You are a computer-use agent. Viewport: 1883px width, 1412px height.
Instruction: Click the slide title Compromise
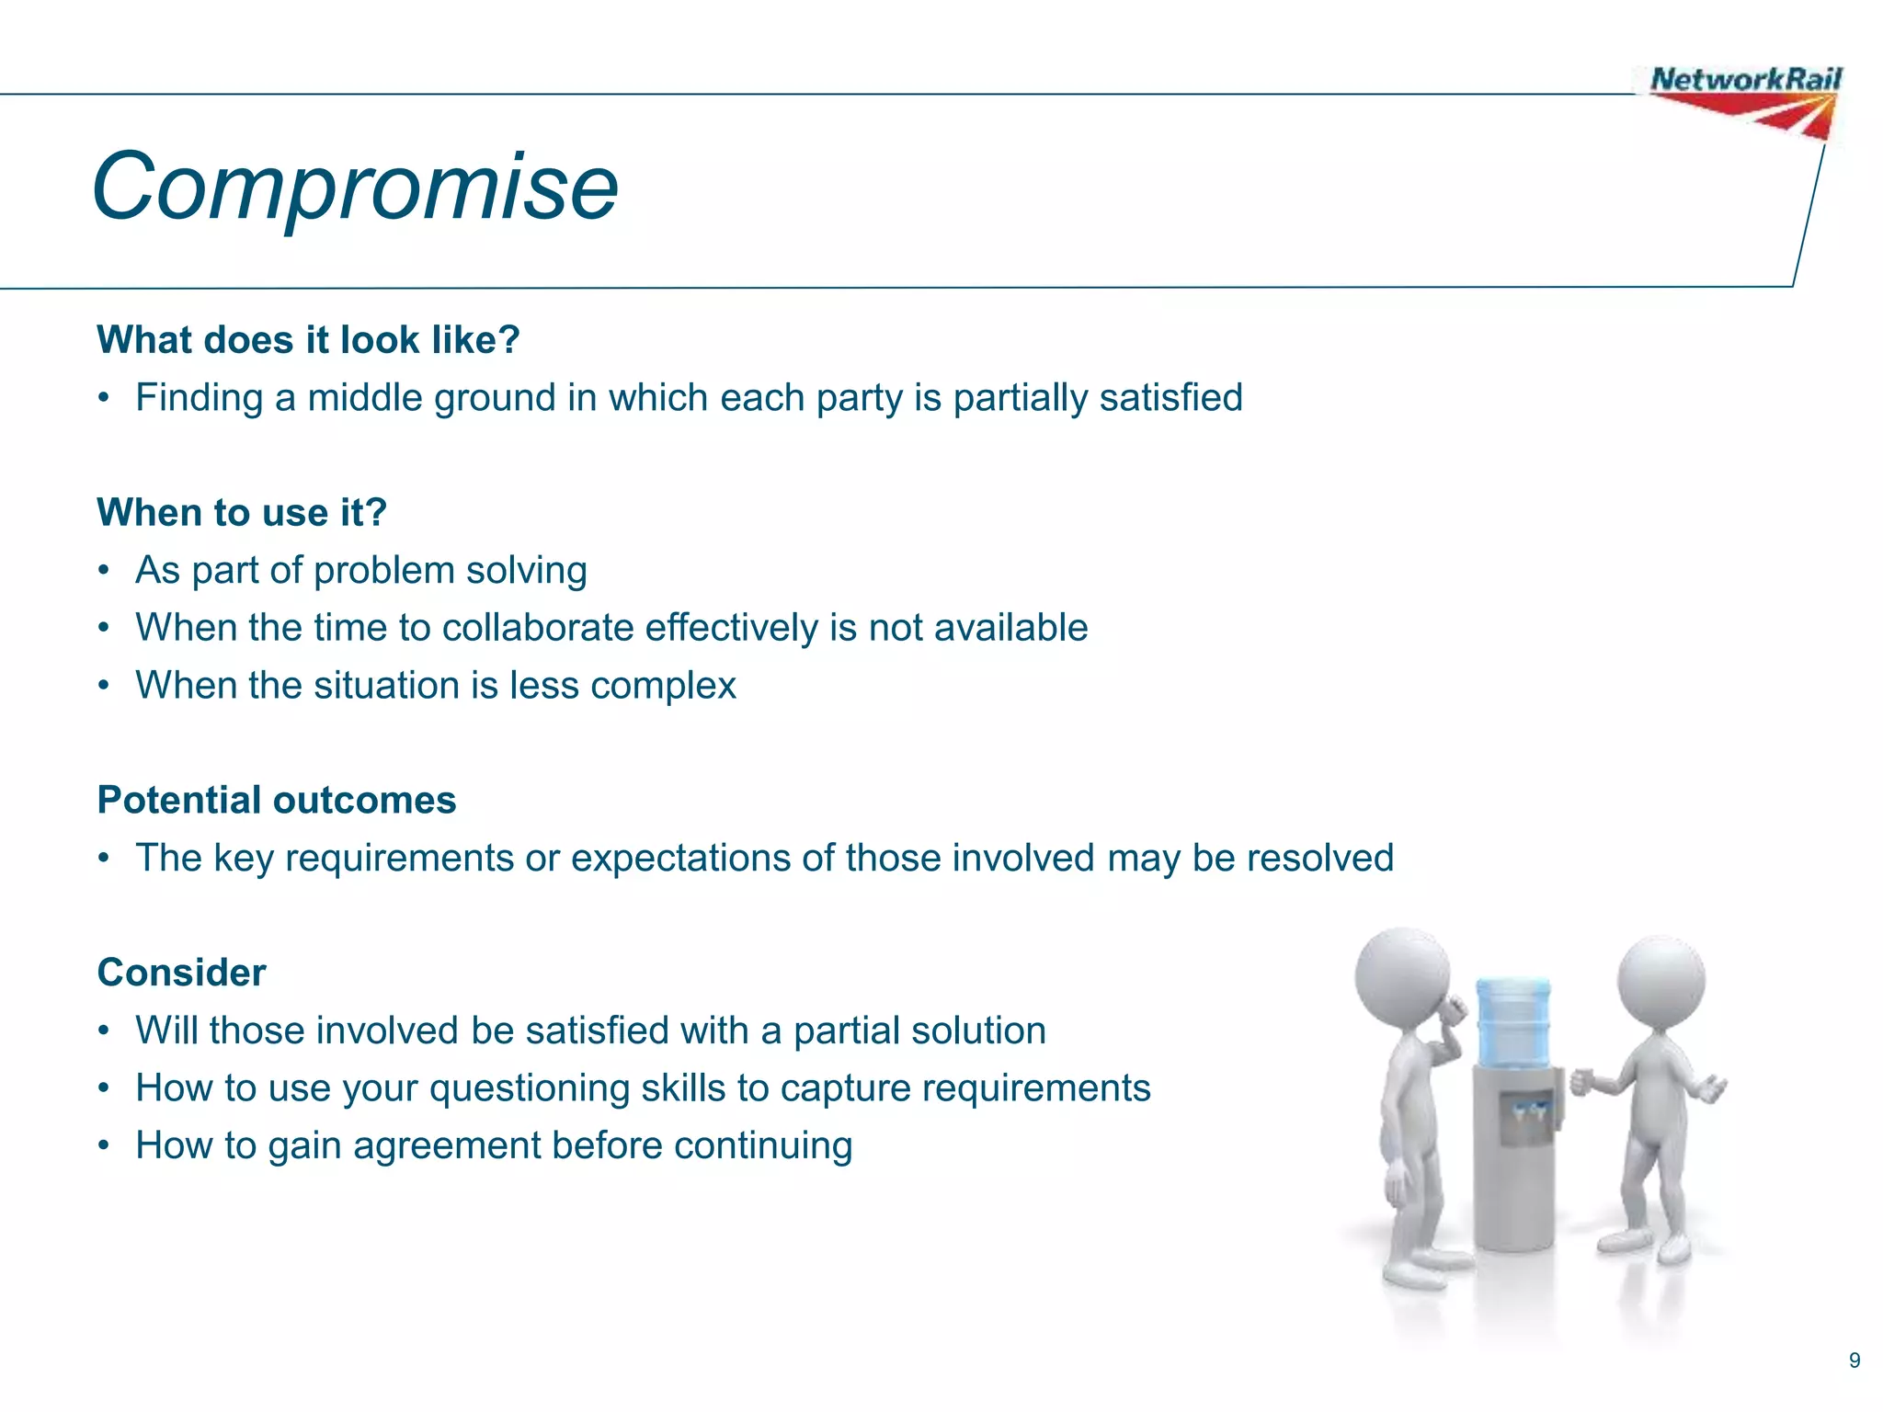click(x=355, y=187)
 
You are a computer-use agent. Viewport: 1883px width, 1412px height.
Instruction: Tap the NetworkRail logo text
click(x=1744, y=80)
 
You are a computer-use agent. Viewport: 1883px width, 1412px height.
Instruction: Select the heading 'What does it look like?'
click(x=308, y=340)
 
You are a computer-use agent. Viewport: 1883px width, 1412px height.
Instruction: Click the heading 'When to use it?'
click(x=242, y=512)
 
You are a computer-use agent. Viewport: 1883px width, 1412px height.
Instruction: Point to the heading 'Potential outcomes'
click(x=276, y=800)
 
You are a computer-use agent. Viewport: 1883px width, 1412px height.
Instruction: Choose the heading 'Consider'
click(x=181, y=973)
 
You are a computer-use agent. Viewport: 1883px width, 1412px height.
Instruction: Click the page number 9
click(x=1854, y=1361)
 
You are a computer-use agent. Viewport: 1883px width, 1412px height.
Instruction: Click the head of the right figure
click(x=1660, y=982)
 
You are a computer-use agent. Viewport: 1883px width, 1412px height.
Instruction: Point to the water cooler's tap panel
click(x=1526, y=1117)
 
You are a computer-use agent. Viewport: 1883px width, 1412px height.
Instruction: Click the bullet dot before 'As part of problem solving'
click(x=105, y=571)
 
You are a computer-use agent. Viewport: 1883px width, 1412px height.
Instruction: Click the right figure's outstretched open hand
click(x=1712, y=1089)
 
